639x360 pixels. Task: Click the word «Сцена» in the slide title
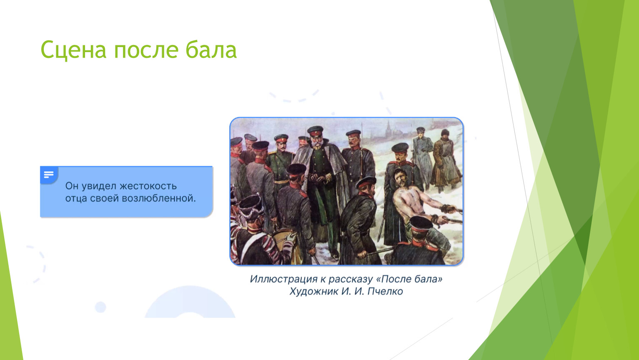74,50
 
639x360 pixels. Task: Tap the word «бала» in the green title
211,50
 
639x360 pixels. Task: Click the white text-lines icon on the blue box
49,174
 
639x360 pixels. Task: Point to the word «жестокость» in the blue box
148,186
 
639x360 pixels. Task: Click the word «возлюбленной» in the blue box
159,198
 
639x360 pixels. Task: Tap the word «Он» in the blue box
71,186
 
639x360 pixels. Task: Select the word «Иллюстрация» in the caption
283,279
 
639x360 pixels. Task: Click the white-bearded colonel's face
317,142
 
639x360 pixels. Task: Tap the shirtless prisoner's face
401,179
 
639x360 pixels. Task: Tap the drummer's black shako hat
251,206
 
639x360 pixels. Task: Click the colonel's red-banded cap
315,131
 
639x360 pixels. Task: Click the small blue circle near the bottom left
100,307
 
